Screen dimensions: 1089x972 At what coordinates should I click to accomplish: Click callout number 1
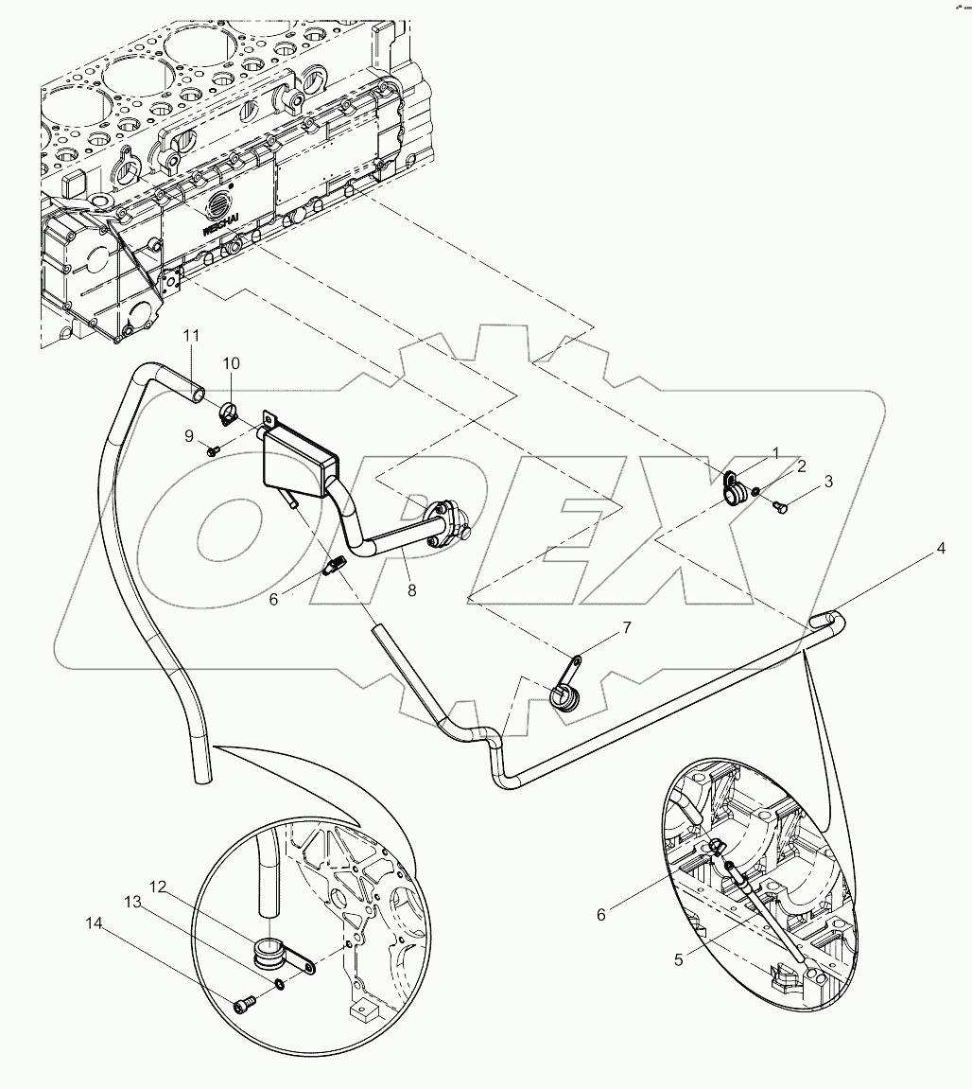[x=776, y=454]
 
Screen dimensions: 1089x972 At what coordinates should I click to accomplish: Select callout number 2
[x=801, y=466]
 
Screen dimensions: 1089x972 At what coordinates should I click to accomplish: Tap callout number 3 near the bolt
[x=828, y=482]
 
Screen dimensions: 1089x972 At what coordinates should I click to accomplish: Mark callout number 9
[x=188, y=435]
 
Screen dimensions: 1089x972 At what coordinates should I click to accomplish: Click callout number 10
[x=232, y=363]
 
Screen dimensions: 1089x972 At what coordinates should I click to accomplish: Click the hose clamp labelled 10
[x=226, y=413]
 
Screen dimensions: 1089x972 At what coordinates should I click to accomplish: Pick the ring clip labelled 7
[x=564, y=695]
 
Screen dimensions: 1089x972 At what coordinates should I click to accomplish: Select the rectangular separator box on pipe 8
[x=299, y=461]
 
